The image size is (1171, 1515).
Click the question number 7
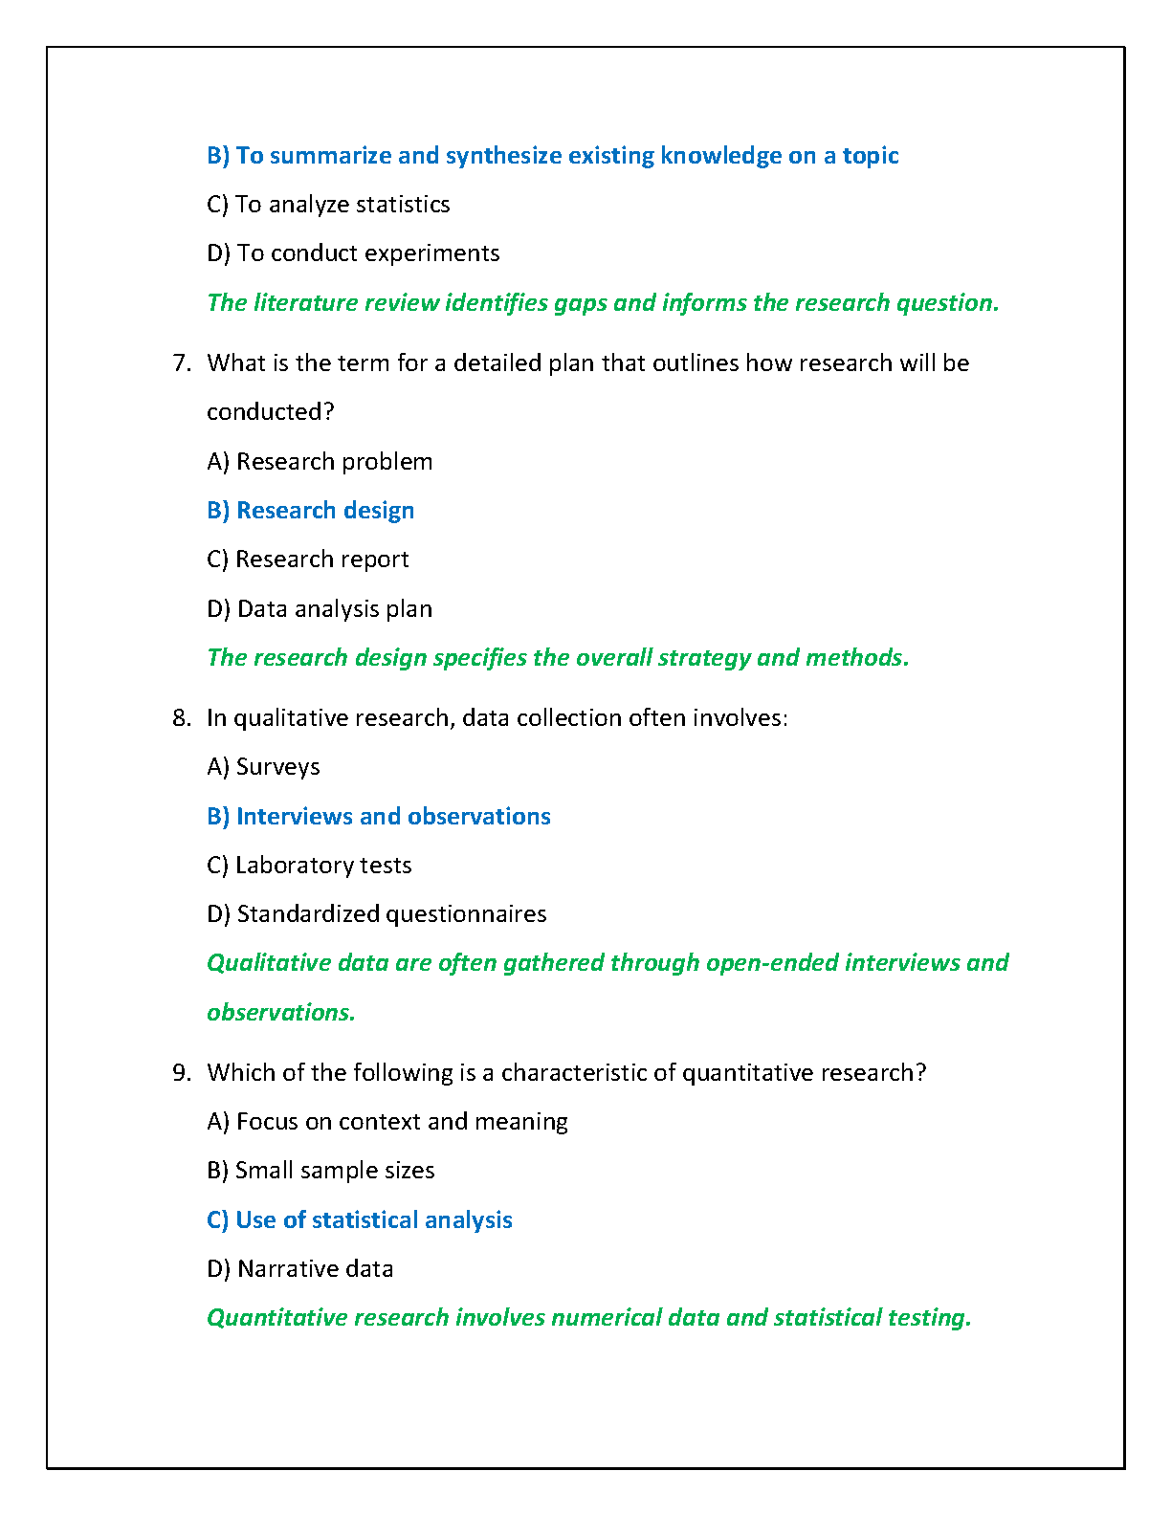(x=182, y=363)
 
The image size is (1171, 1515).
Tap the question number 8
(x=182, y=718)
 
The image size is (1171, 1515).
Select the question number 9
(x=182, y=1073)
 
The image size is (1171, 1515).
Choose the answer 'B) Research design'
(x=310, y=511)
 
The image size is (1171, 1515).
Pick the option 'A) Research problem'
(x=320, y=462)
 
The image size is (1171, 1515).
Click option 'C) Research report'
(x=307, y=560)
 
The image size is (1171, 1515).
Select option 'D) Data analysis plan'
(x=320, y=609)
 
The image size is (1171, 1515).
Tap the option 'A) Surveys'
(x=263, y=767)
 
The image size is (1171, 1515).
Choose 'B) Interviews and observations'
(x=379, y=817)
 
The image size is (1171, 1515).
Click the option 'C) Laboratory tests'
(x=309, y=866)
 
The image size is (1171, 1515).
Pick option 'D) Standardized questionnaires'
(x=376, y=914)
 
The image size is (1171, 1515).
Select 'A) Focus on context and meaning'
(x=387, y=1122)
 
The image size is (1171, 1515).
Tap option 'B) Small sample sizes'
(x=320, y=1171)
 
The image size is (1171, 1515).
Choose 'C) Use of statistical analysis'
(x=360, y=1220)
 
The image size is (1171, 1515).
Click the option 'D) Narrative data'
(x=299, y=1269)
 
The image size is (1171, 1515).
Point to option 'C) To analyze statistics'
(x=328, y=205)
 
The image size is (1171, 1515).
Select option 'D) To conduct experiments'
(x=353, y=253)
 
